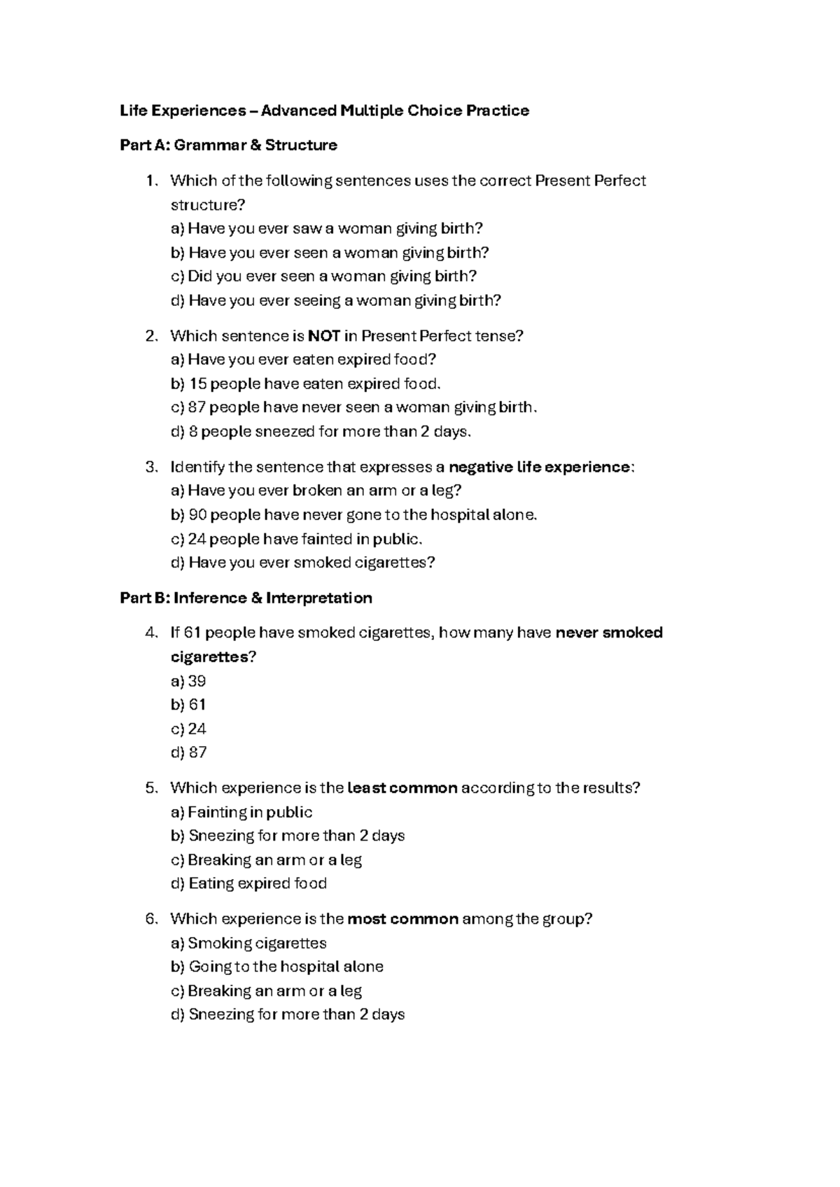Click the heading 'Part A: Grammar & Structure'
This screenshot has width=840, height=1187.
tap(228, 146)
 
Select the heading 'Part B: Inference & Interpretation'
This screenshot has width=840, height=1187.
tap(246, 598)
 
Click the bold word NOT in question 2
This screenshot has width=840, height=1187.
tap(324, 336)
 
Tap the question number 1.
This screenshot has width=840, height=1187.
tap(150, 181)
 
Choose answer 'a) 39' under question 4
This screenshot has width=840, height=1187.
tap(188, 681)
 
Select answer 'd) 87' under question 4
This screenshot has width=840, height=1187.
tap(189, 752)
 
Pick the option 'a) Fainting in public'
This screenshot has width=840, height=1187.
tap(241, 812)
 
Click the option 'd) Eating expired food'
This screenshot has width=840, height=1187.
tap(248, 883)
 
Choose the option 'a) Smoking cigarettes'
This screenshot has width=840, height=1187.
tap(248, 943)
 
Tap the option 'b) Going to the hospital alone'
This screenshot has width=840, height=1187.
tap(277, 967)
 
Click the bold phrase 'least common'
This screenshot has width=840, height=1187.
tap(402, 788)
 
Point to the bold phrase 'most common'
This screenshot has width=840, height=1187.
tap(403, 919)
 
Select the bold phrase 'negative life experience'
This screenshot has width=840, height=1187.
tap(539, 467)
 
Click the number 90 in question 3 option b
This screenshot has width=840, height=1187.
tap(197, 515)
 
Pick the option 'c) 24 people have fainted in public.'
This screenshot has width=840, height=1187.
tap(297, 539)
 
